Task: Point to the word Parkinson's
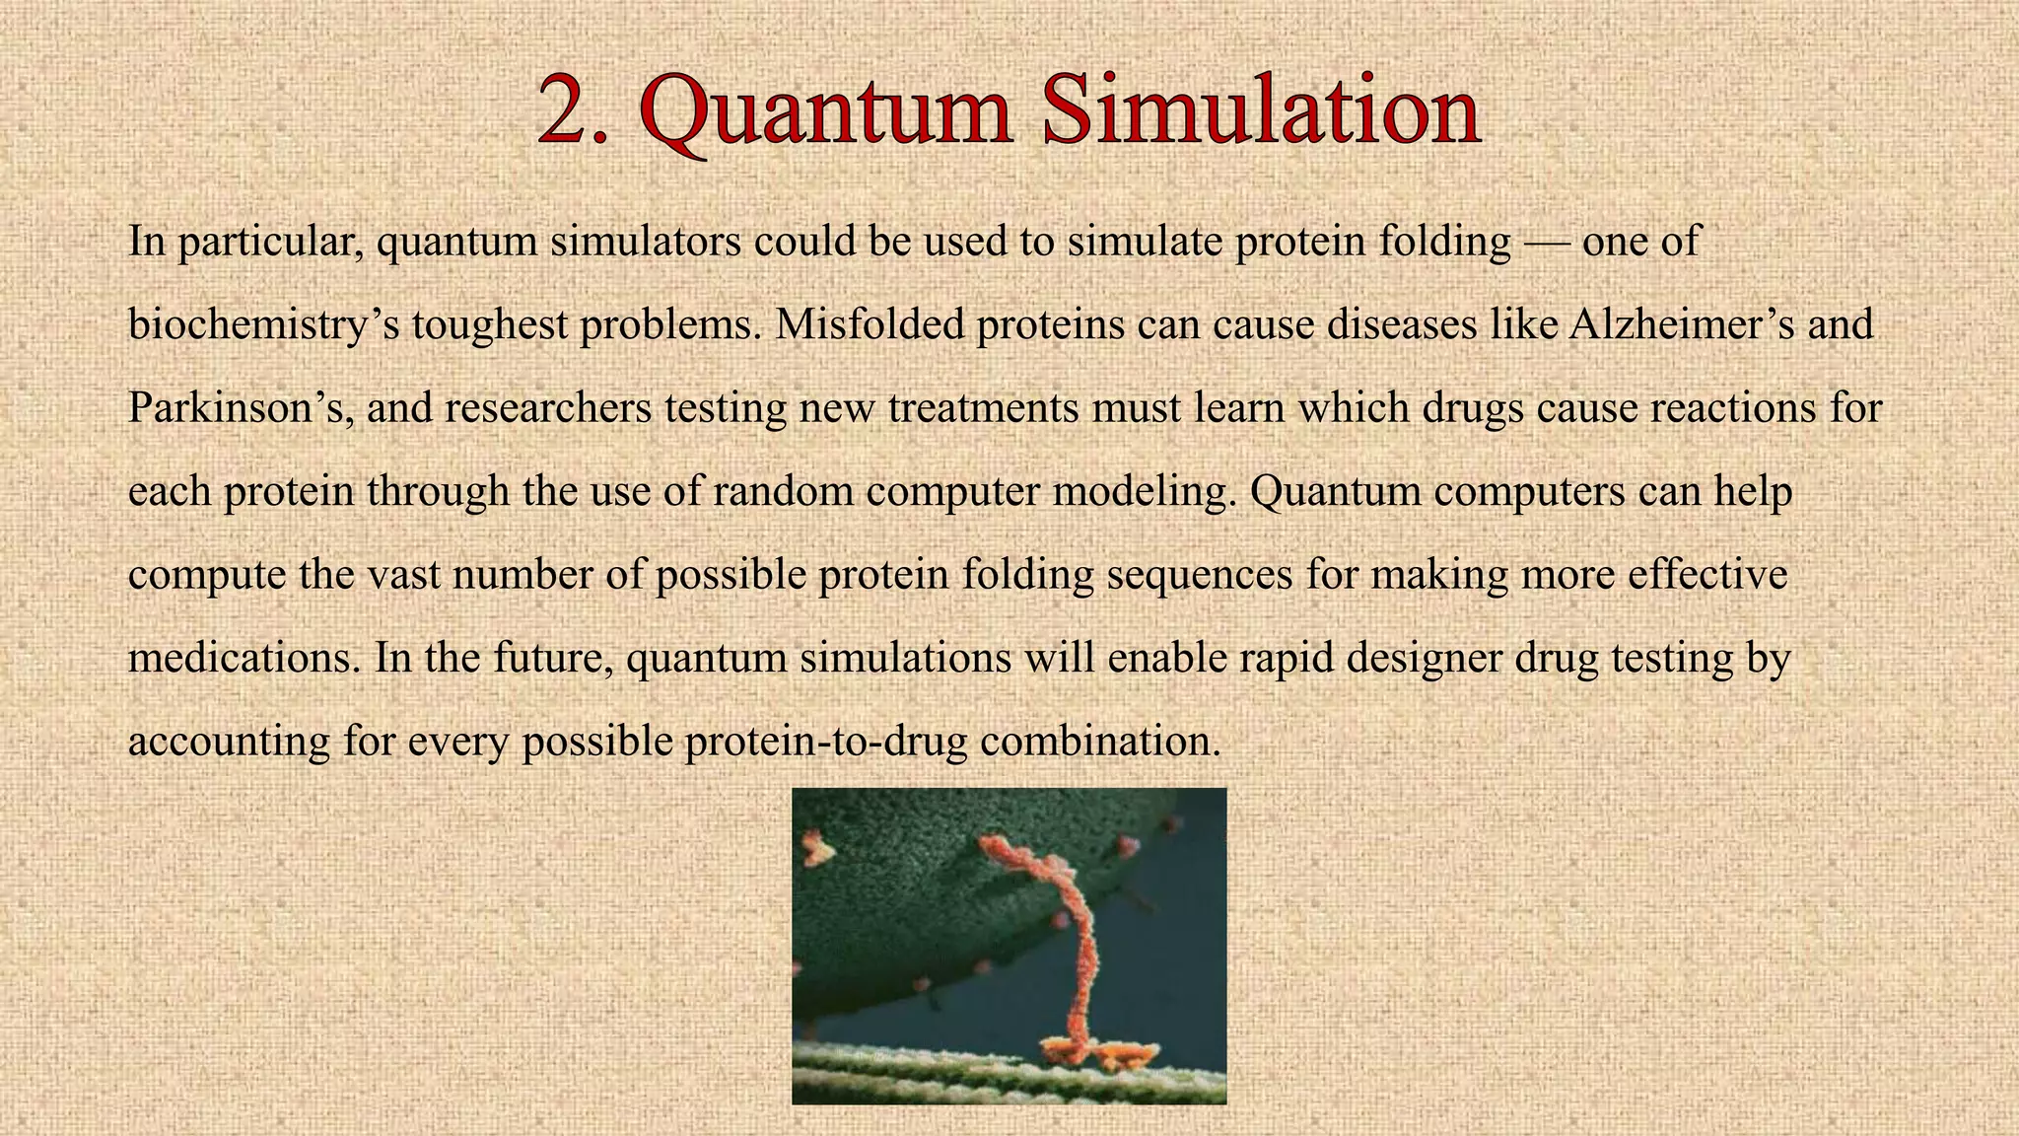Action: [x=241, y=407]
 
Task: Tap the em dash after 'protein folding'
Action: [x=1546, y=243]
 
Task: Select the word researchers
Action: [x=548, y=407]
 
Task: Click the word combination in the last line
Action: [x=1100, y=741]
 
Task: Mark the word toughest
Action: [x=489, y=326]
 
